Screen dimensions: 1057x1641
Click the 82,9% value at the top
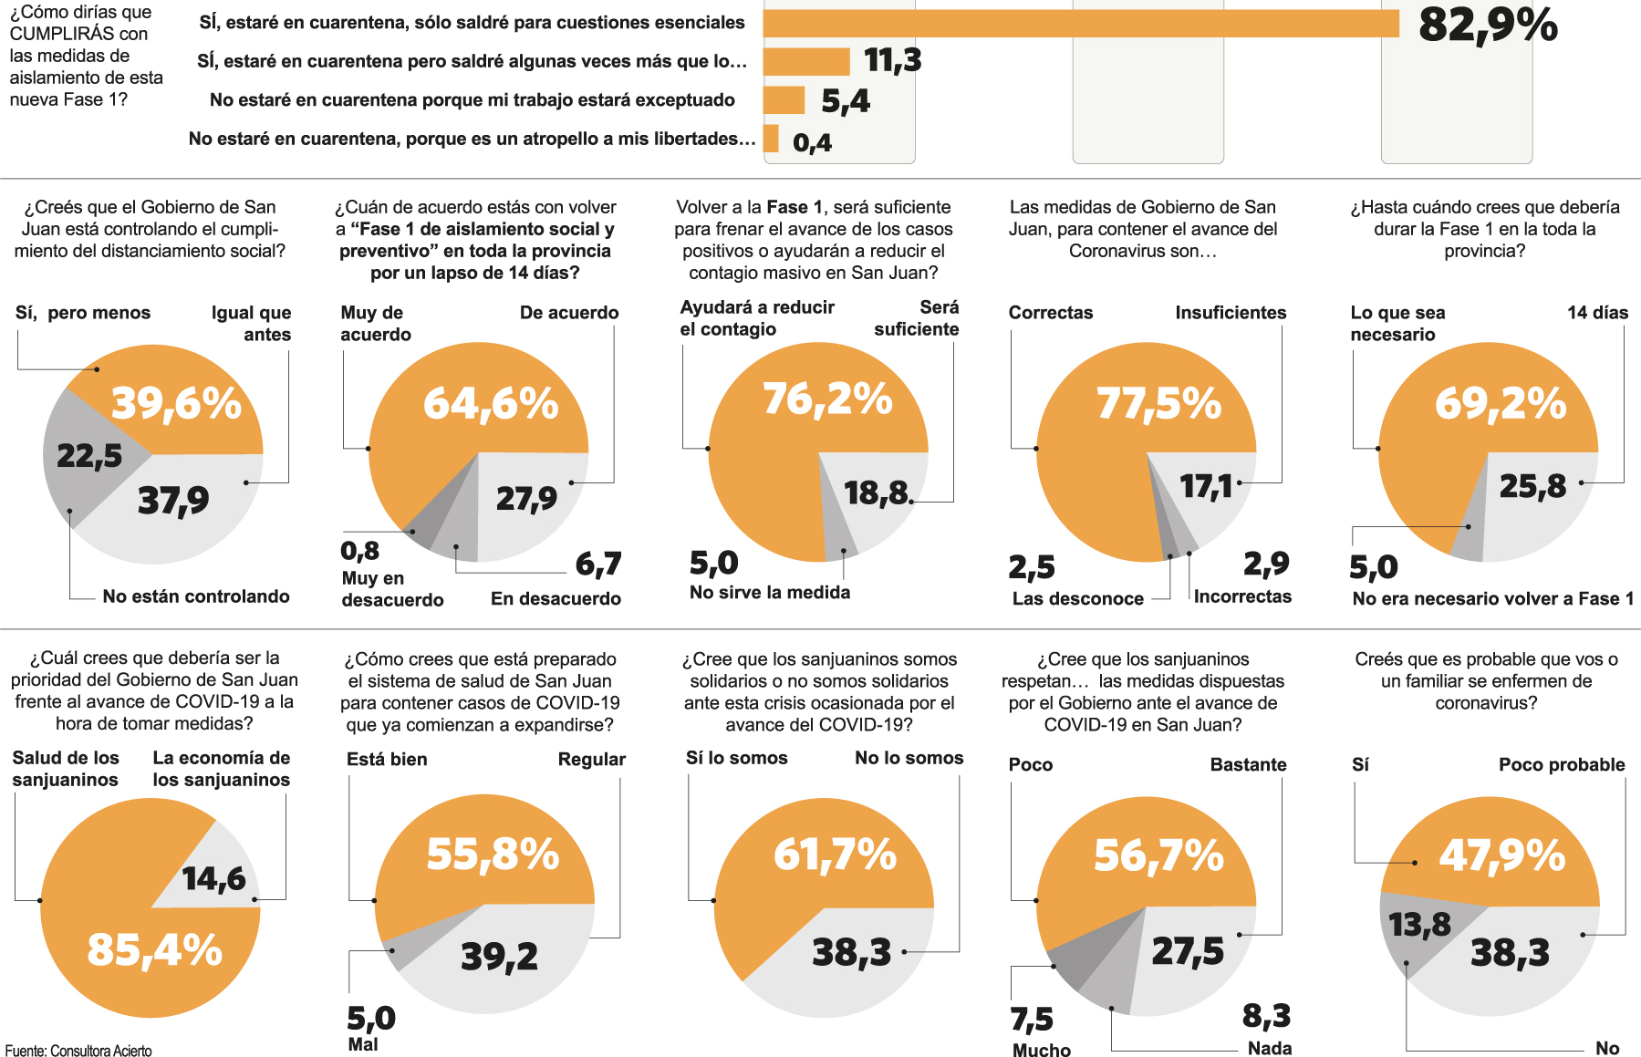pyautogui.click(x=1488, y=26)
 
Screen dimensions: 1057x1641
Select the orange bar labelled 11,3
pyautogui.click(x=806, y=61)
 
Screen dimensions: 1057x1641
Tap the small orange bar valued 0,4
pyautogui.click(x=771, y=139)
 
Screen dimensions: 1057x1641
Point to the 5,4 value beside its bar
pyautogui.click(x=845, y=100)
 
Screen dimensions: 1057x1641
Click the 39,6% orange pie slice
pyautogui.click(x=173, y=402)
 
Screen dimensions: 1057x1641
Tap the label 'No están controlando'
pyautogui.click(x=196, y=596)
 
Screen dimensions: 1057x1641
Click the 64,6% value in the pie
pyautogui.click(x=491, y=403)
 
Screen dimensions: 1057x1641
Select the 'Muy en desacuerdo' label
pyautogui.click(x=392, y=589)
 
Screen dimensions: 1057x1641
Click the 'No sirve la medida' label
pyautogui.click(x=770, y=593)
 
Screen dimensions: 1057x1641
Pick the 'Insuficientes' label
pyautogui.click(x=1231, y=313)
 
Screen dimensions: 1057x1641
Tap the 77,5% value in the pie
pyautogui.click(x=1158, y=403)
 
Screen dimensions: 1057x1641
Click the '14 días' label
pyautogui.click(x=1597, y=313)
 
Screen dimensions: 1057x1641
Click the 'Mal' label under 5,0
pyautogui.click(x=363, y=1045)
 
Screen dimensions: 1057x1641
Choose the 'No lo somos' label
pyautogui.click(x=909, y=758)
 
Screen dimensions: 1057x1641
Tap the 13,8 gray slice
pyautogui.click(x=1419, y=925)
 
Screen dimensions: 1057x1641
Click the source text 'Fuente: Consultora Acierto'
pyautogui.click(x=78, y=1051)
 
